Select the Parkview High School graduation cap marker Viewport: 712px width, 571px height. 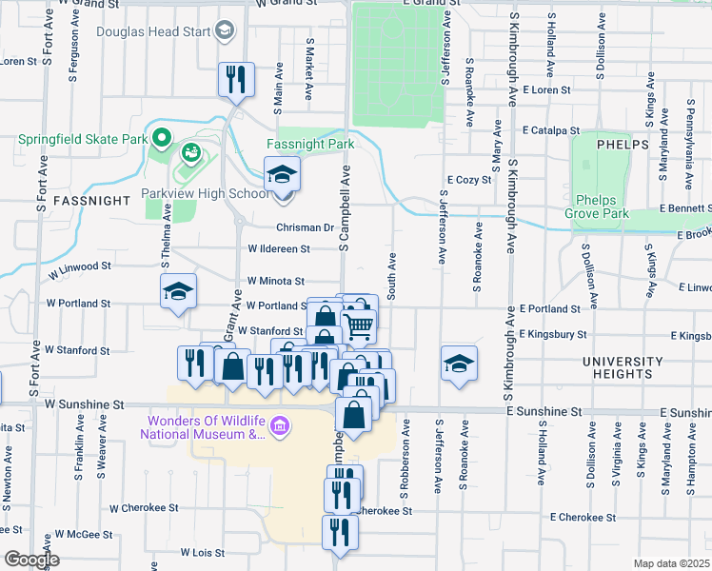click(283, 175)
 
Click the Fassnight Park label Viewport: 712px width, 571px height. click(309, 145)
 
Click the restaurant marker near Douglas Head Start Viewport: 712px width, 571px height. click(234, 80)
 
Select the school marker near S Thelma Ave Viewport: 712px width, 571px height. click(178, 293)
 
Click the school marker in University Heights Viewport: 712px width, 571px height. click(459, 364)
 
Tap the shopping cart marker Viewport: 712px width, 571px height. click(360, 325)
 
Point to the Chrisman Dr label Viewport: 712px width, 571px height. click(306, 228)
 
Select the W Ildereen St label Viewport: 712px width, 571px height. click(279, 249)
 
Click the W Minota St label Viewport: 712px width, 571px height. click(275, 282)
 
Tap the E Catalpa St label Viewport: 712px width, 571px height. click(550, 130)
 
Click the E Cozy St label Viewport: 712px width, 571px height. click(469, 179)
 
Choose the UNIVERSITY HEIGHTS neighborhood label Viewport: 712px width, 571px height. click(624, 368)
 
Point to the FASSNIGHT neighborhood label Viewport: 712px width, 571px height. click(90, 202)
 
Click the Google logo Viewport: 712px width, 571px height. click(30, 560)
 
